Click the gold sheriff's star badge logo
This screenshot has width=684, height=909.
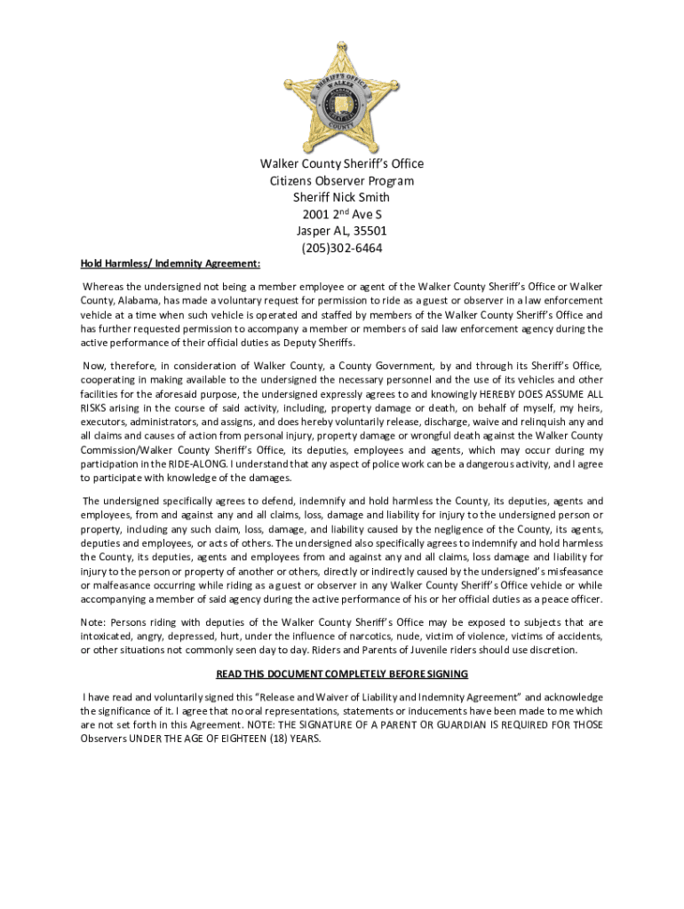click(341, 98)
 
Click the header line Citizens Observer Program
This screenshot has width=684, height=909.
click(342, 181)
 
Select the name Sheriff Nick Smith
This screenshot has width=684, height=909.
click(342, 198)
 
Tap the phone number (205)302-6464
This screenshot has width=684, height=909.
click(342, 249)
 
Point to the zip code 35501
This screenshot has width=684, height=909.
click(368, 232)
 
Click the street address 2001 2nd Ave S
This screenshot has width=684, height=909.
click(342, 215)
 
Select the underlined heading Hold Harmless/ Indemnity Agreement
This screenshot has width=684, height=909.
click(171, 264)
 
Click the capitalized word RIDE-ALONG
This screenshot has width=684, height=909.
click(200, 463)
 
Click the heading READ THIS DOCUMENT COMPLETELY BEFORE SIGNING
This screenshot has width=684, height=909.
click(341, 674)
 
